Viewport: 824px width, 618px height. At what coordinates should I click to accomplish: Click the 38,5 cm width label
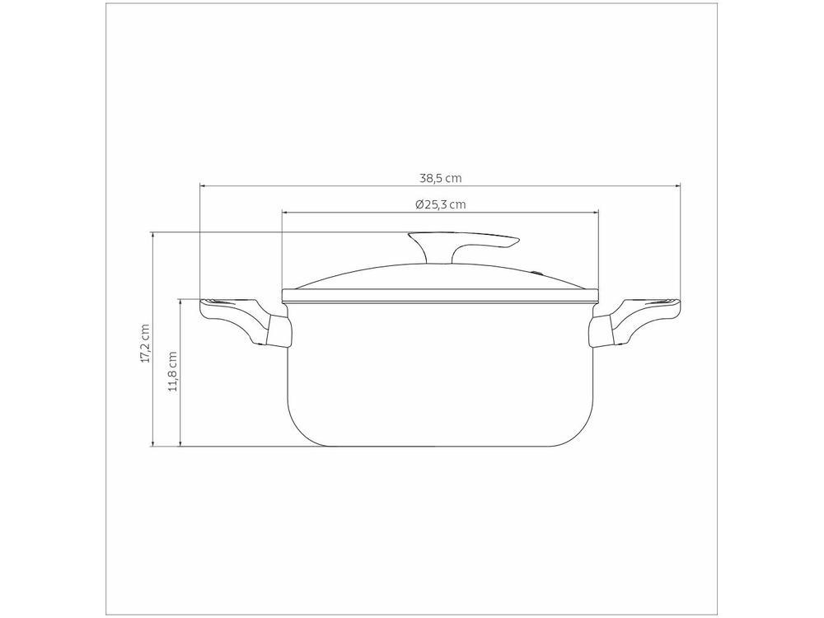[x=439, y=176]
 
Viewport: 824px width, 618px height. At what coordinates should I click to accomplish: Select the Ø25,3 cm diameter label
[x=440, y=204]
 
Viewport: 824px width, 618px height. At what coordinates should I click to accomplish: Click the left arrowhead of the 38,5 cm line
[x=202, y=185]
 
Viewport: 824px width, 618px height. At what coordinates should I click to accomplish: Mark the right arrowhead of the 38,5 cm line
[x=678, y=185]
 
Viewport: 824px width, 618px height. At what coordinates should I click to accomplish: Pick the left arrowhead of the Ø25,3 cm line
[x=284, y=212]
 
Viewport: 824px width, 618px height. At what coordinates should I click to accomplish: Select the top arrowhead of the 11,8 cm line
[x=180, y=301]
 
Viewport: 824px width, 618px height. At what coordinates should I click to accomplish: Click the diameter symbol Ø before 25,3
[x=419, y=204]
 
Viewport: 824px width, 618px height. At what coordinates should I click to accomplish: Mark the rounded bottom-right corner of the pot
[x=584, y=433]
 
